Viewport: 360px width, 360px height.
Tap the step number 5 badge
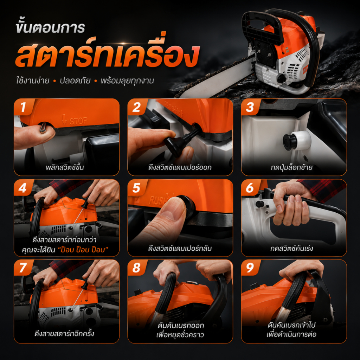[x=136, y=188]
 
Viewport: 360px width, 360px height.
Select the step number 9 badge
[x=250, y=268]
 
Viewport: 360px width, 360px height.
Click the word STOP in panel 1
[x=78, y=121]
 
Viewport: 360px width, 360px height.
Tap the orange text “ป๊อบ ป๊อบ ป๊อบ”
[x=83, y=250]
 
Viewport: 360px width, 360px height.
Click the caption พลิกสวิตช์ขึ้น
[x=65, y=167]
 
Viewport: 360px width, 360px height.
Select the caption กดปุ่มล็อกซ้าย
[x=291, y=167]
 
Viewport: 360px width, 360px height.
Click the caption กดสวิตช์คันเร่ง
[x=291, y=248]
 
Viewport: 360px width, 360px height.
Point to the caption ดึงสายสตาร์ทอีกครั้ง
[x=64, y=333]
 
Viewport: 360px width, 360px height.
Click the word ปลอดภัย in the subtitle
[x=75, y=81]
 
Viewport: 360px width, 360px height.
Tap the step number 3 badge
[x=250, y=107]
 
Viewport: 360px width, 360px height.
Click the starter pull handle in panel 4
[x=85, y=202]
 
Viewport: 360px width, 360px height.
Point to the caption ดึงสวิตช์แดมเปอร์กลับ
[x=180, y=248]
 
